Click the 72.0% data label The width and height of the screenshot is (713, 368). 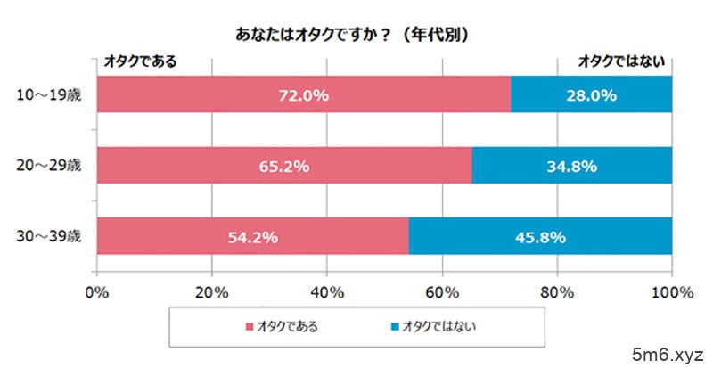click(x=304, y=94)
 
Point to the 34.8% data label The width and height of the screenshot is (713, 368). click(x=571, y=166)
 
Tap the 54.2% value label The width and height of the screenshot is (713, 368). click(x=253, y=237)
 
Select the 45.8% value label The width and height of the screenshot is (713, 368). click(x=540, y=237)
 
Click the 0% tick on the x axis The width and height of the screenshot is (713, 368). click(x=96, y=291)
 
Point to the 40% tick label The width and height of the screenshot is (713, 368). click(x=326, y=291)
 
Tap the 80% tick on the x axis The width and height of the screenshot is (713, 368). click(x=557, y=291)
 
